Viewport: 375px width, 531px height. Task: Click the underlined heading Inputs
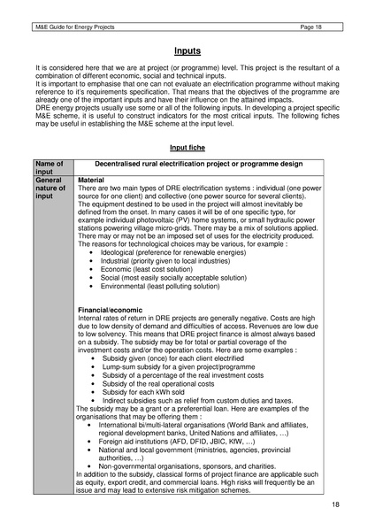pyautogui.click(x=187, y=52)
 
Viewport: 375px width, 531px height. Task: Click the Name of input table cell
pyautogui.click(x=50, y=168)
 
